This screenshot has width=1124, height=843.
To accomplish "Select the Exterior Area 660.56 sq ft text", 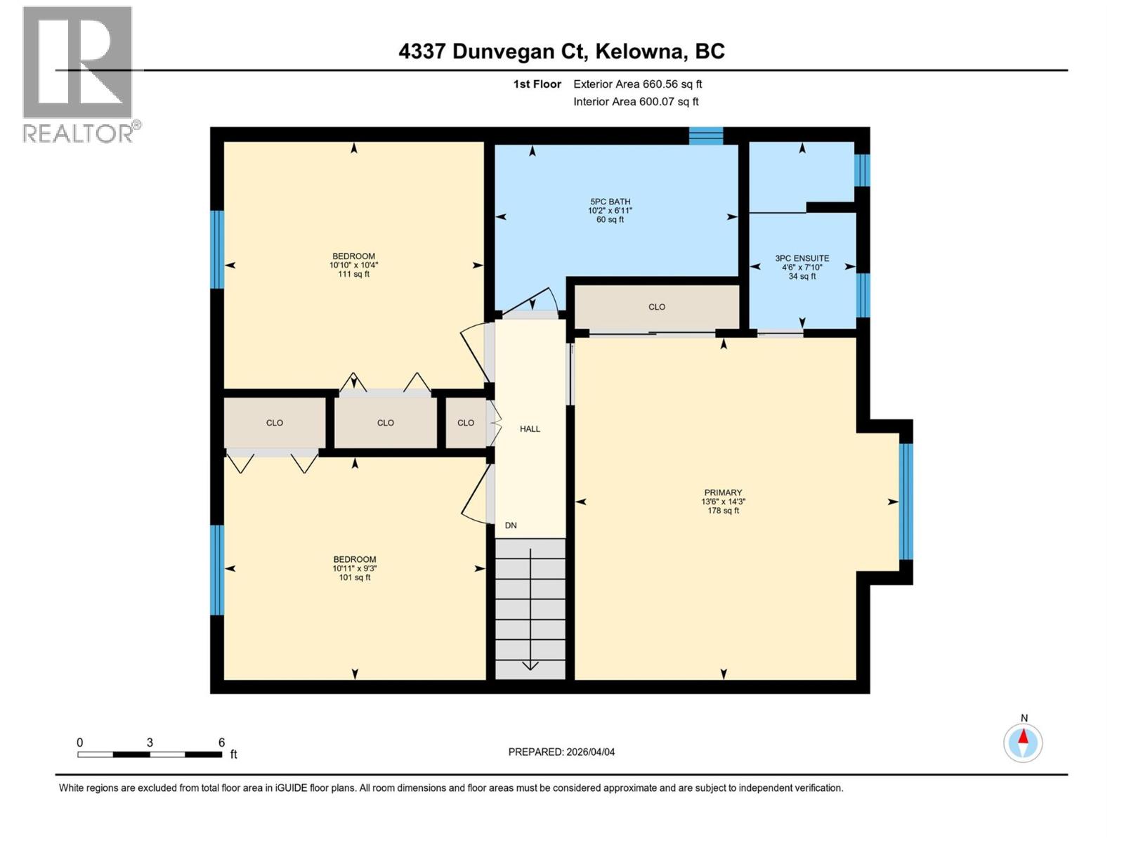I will pyautogui.click(x=637, y=84).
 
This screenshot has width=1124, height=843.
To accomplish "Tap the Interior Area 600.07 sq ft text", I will pyautogui.click(x=636, y=102).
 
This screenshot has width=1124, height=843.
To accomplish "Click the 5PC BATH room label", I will pyautogui.click(x=610, y=210).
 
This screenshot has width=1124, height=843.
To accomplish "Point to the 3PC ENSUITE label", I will pyautogui.click(x=802, y=267).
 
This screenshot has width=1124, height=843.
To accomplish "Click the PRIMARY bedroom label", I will pyautogui.click(x=723, y=502).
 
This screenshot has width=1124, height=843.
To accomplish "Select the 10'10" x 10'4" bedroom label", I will pyautogui.click(x=353, y=265).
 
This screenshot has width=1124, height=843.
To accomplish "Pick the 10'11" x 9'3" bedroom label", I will pyautogui.click(x=354, y=568).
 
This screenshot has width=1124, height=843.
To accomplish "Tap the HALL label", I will pyautogui.click(x=530, y=429).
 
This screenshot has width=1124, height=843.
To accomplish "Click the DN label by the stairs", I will pyautogui.click(x=511, y=525).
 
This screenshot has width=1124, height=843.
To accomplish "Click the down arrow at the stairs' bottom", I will pyautogui.click(x=530, y=665).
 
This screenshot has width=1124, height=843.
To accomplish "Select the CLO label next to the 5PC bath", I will pyautogui.click(x=657, y=307).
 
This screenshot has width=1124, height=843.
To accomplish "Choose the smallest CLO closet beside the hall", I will pyautogui.click(x=466, y=423).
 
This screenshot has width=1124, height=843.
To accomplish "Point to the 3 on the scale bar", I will pyautogui.click(x=150, y=743).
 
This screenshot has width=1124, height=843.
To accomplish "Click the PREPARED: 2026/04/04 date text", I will pyautogui.click(x=561, y=752).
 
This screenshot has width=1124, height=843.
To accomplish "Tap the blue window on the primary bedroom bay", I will pyautogui.click(x=906, y=502).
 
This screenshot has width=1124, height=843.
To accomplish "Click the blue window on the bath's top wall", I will pyautogui.click(x=705, y=136).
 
